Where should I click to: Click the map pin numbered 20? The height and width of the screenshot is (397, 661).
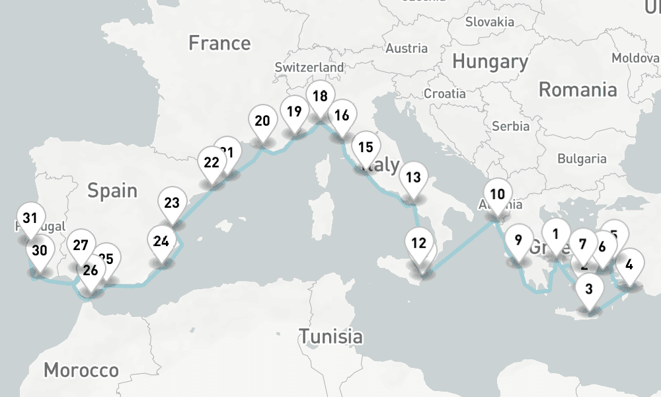tap(262, 122)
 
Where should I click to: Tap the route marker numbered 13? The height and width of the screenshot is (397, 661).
tap(414, 177)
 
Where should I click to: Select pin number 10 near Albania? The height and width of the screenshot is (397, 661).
tap(498, 195)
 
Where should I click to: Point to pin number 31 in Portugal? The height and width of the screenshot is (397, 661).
tap(30, 218)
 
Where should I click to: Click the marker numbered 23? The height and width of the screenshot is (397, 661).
tap(172, 203)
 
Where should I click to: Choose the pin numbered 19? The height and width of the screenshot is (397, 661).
tap(295, 111)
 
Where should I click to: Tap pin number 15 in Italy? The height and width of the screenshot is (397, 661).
tap(366, 148)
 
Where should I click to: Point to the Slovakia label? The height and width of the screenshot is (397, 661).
tap(489, 22)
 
